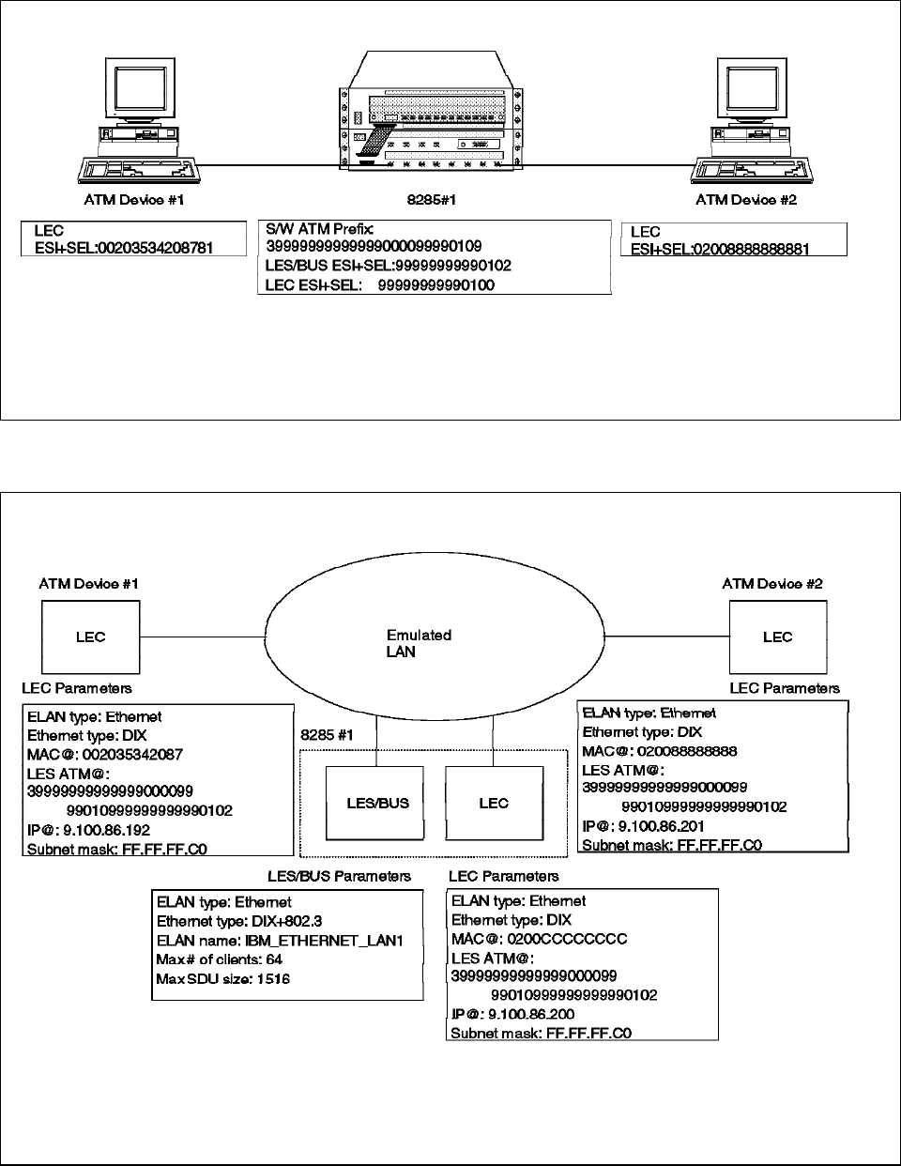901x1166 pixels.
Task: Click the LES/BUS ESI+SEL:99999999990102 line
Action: click(389, 266)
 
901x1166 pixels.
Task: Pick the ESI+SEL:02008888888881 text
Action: click(720, 250)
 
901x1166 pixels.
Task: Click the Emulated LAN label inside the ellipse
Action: click(420, 643)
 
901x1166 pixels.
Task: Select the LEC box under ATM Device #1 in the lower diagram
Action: click(91, 637)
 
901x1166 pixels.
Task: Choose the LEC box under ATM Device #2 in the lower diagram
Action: click(777, 637)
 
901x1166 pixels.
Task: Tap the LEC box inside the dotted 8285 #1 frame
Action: click(494, 803)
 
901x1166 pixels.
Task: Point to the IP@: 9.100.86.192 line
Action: click(88, 830)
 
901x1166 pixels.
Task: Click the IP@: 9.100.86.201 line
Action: click(644, 826)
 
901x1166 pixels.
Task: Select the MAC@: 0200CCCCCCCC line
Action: click(539, 939)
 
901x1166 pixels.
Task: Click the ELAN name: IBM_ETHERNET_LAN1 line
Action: click(280, 940)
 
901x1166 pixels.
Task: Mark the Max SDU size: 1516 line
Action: click(223, 979)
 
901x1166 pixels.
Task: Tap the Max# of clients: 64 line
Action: click(220, 959)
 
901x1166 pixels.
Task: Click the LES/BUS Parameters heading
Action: click(339, 876)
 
